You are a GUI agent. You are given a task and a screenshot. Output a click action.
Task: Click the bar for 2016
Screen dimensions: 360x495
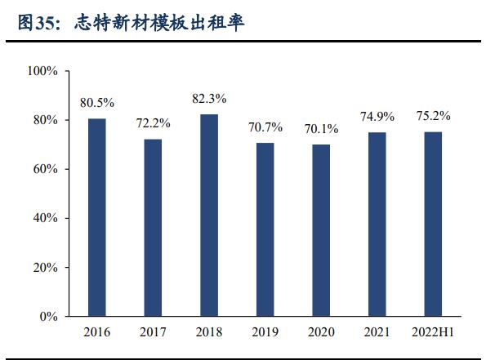coord(97,217)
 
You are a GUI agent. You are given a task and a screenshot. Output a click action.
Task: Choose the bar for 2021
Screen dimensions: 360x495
coord(377,224)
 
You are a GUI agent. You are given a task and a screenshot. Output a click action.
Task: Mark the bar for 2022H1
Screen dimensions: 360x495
coord(433,224)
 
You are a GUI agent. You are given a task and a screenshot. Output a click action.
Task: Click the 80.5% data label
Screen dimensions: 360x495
coord(97,103)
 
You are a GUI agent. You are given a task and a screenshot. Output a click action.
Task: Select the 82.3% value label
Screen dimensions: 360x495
coord(209,98)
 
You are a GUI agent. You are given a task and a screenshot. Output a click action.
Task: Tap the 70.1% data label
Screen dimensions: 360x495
coord(321,128)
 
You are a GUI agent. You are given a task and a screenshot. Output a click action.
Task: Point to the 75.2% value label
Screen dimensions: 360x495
coord(433,116)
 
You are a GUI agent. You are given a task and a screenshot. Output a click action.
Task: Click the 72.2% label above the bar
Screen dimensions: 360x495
coord(153,123)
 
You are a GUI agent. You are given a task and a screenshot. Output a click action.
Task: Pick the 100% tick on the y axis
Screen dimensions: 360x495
coord(42,71)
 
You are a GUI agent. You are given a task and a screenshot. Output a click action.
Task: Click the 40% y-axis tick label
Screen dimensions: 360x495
coord(45,218)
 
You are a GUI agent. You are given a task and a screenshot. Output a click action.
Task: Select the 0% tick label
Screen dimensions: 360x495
coord(48,316)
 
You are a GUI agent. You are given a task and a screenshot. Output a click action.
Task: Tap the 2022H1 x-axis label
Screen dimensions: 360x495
coord(433,332)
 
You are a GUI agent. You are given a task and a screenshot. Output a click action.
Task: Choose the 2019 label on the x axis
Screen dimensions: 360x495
coord(265,332)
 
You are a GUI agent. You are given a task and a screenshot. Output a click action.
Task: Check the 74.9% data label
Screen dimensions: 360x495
coord(377,117)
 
